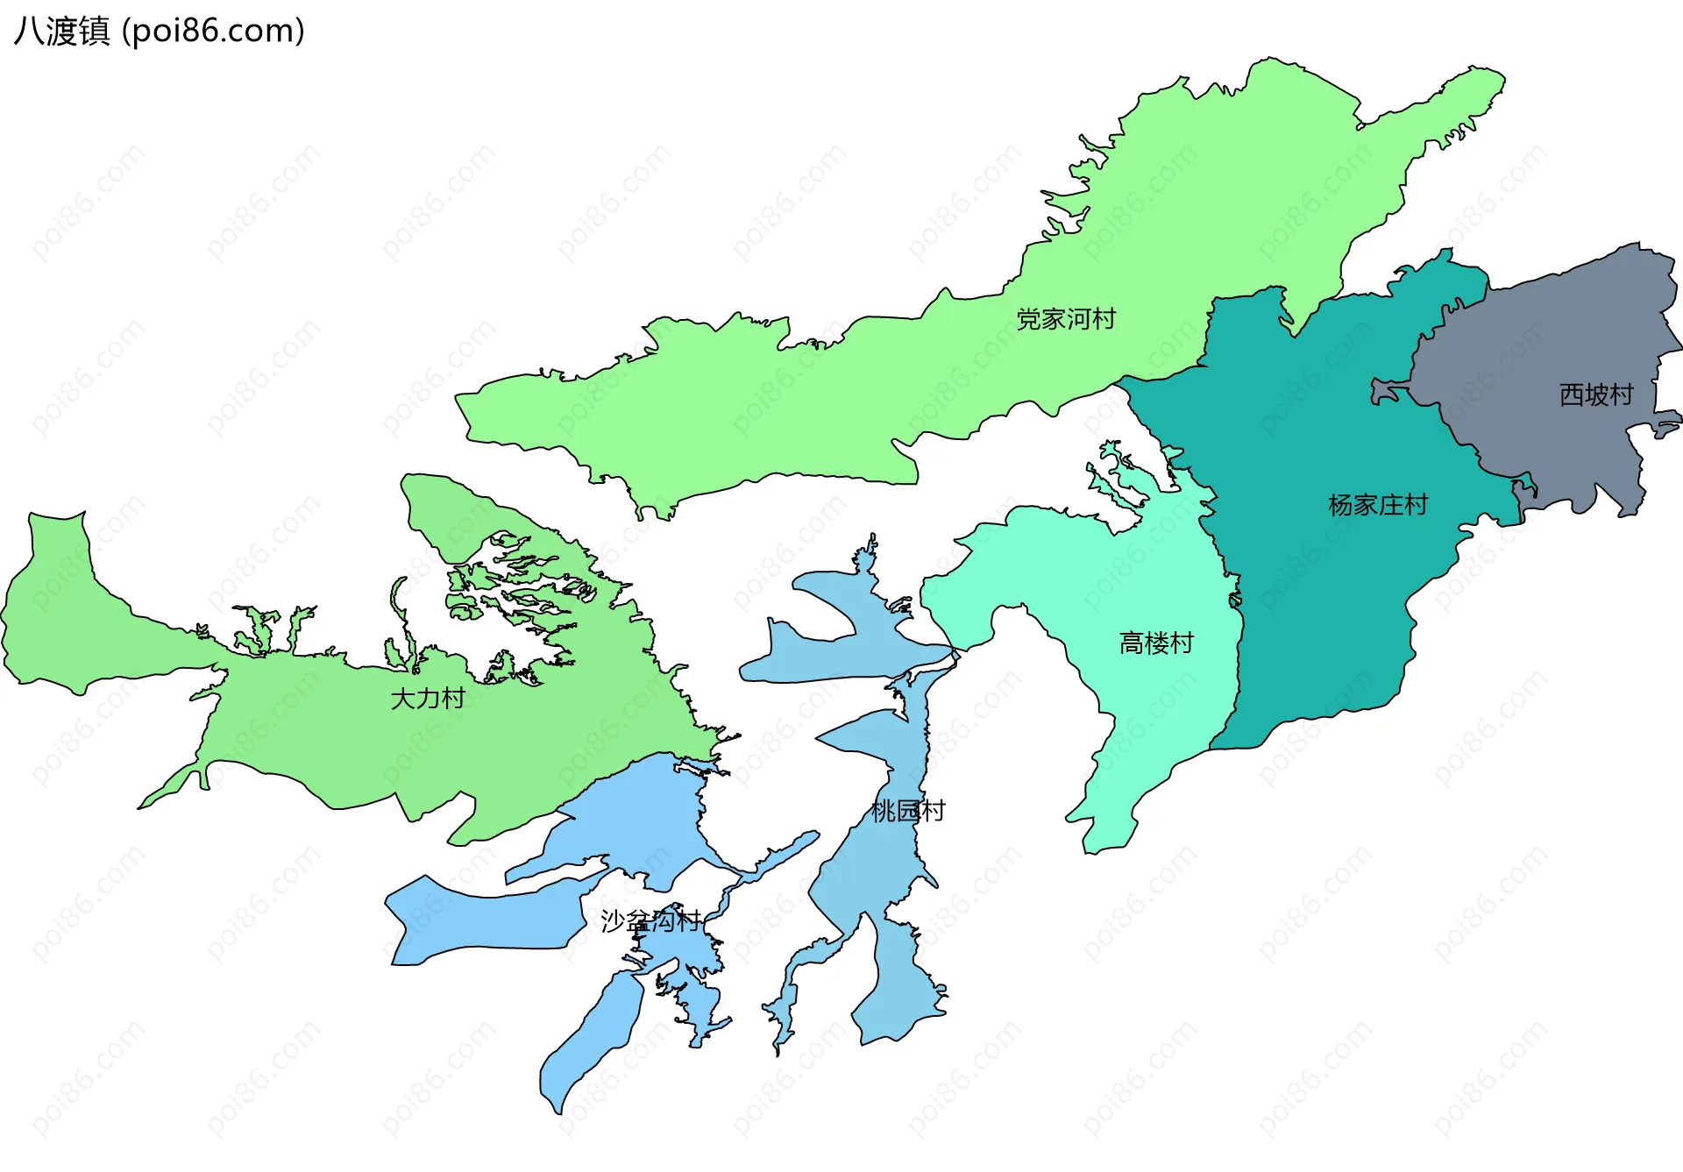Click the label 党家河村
[1066, 319]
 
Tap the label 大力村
[428, 699]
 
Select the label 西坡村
[1596, 394]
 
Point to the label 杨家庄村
[1378, 505]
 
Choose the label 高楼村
[1156, 643]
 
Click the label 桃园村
[908, 811]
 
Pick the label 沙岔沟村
[650, 920]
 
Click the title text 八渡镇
[62, 32]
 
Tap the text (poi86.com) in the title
[213, 32]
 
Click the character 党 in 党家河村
[1029, 319]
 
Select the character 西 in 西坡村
[1572, 394]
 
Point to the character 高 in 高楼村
[1132, 643]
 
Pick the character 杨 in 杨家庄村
[1341, 505]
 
